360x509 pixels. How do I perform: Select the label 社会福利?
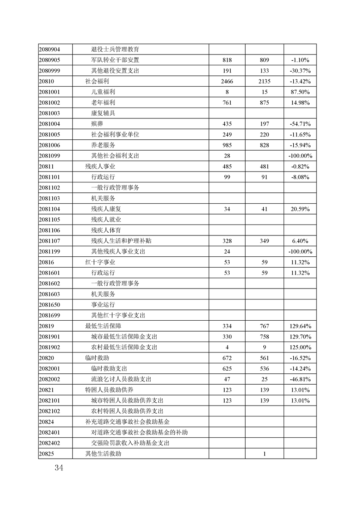97,81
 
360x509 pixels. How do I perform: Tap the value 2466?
227,81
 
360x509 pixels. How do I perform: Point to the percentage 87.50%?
300,92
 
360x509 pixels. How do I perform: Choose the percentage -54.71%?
300,124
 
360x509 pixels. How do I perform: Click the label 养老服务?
103,145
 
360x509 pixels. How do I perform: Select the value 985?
227,145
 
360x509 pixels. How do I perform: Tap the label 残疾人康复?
106,209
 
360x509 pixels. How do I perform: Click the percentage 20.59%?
300,209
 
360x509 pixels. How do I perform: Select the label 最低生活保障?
103,326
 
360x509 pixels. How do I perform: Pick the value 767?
265,326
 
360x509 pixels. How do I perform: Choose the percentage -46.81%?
300,379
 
